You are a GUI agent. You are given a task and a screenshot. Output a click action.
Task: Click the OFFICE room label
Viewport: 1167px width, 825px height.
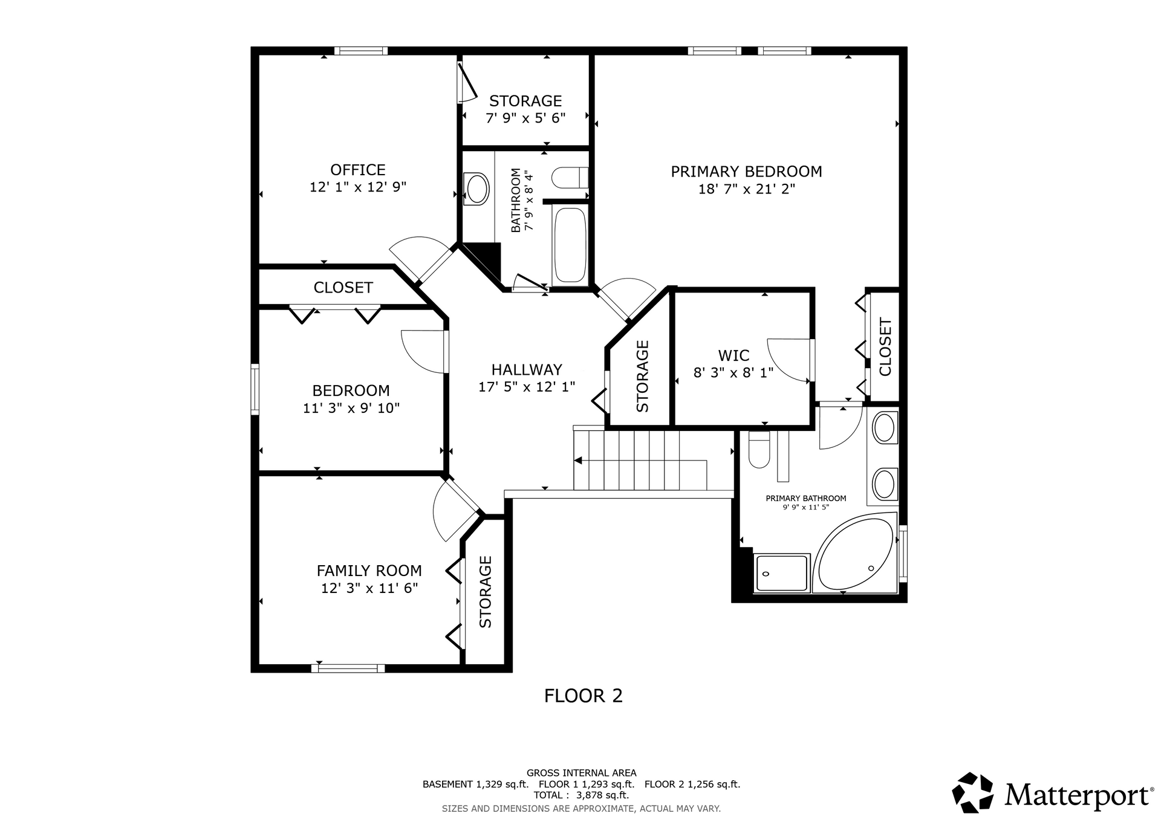(357, 170)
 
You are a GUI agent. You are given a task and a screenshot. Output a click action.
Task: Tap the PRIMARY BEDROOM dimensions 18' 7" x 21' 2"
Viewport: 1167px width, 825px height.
(746, 189)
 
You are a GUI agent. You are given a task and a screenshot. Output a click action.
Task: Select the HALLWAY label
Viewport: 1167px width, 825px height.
(527, 369)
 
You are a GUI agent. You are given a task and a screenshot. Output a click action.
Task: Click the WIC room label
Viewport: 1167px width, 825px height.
(733, 355)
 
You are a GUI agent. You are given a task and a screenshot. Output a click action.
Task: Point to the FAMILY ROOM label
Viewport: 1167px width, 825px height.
(369, 571)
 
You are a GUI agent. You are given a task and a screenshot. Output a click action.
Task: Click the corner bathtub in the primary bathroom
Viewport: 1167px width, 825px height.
(854, 552)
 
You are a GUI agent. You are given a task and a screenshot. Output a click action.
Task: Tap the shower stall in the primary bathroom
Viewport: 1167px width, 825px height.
(781, 573)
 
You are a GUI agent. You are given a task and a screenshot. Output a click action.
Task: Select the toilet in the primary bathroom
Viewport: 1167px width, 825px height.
(759, 449)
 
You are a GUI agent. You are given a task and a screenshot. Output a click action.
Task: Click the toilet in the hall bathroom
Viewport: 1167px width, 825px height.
(570, 178)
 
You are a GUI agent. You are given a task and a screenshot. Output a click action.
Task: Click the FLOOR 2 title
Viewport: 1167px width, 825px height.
(583, 696)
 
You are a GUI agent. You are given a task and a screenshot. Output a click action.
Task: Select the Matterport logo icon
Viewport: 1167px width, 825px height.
(972, 792)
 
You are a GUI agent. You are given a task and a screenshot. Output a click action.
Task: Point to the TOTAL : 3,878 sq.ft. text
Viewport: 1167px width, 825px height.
(581, 795)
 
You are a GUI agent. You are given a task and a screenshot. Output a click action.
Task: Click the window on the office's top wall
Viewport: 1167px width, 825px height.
(361, 51)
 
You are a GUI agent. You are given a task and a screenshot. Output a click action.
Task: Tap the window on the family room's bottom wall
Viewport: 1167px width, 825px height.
(348, 668)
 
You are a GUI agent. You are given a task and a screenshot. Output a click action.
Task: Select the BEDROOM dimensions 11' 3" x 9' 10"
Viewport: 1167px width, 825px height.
(351, 409)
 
